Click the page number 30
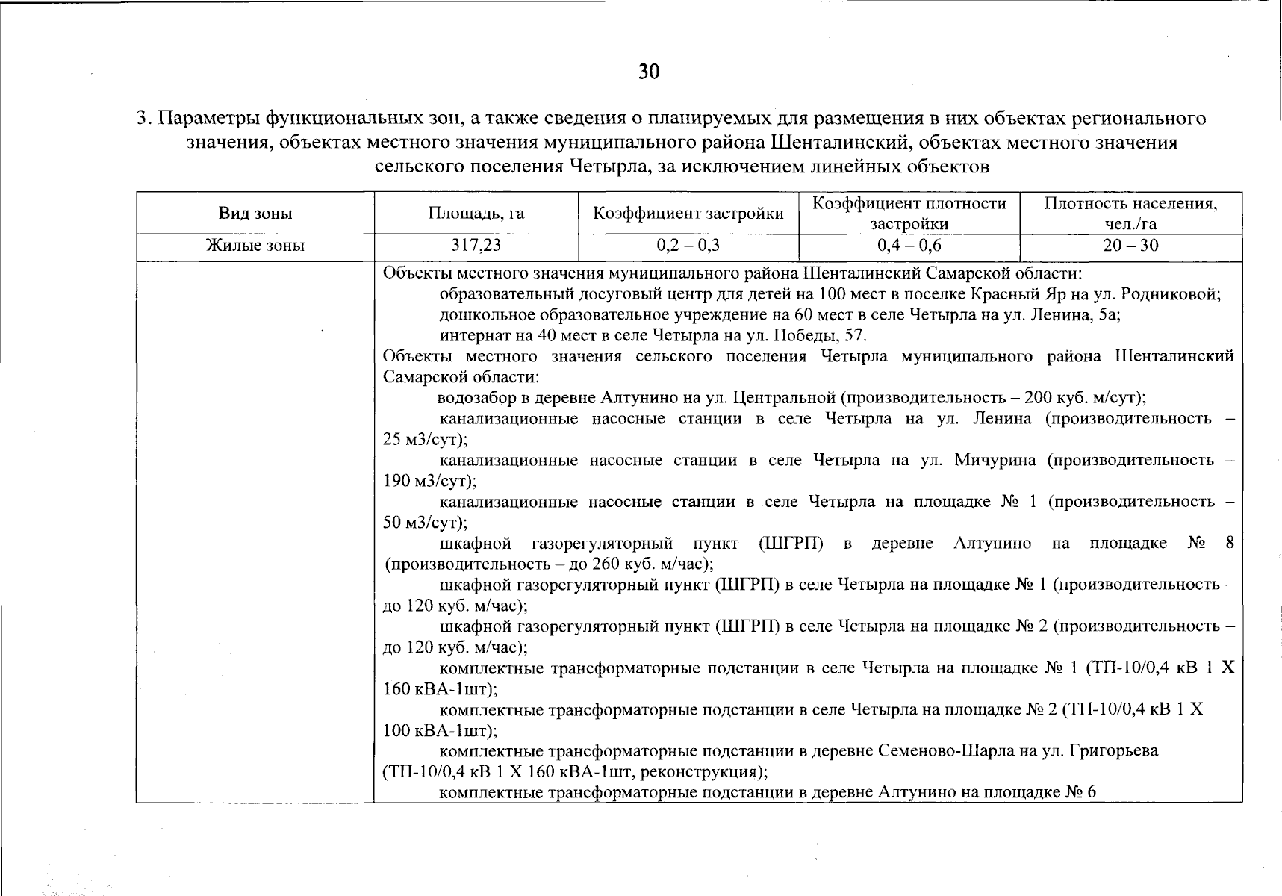click(649, 72)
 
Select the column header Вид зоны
click(255, 214)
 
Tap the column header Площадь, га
click(476, 214)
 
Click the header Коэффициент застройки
click(688, 214)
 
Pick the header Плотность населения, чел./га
click(1130, 214)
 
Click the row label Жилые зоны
click(255, 246)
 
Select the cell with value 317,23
click(476, 246)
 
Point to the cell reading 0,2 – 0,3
click(688, 246)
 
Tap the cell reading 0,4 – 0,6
click(909, 246)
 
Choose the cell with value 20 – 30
click(1130, 246)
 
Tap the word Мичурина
click(995, 460)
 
